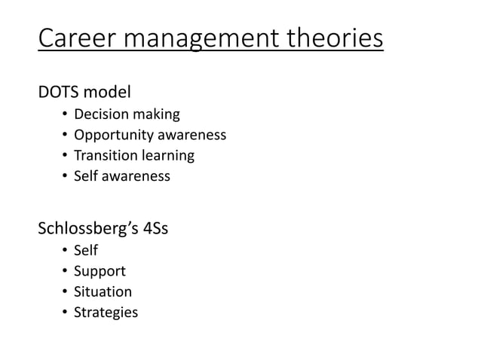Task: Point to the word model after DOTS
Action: pos(107,93)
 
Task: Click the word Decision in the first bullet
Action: pos(102,114)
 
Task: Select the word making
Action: pos(157,114)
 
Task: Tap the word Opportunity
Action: pos(114,135)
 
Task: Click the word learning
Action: pos(168,155)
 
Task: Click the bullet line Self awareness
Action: pos(121,176)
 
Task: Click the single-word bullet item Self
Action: pos(85,250)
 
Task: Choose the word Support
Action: pos(100,271)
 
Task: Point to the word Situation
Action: pos(103,291)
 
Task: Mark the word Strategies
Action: pos(106,312)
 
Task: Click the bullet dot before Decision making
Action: pos(65,115)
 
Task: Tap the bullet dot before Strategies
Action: pos(65,313)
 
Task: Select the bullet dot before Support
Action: pos(65,271)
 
